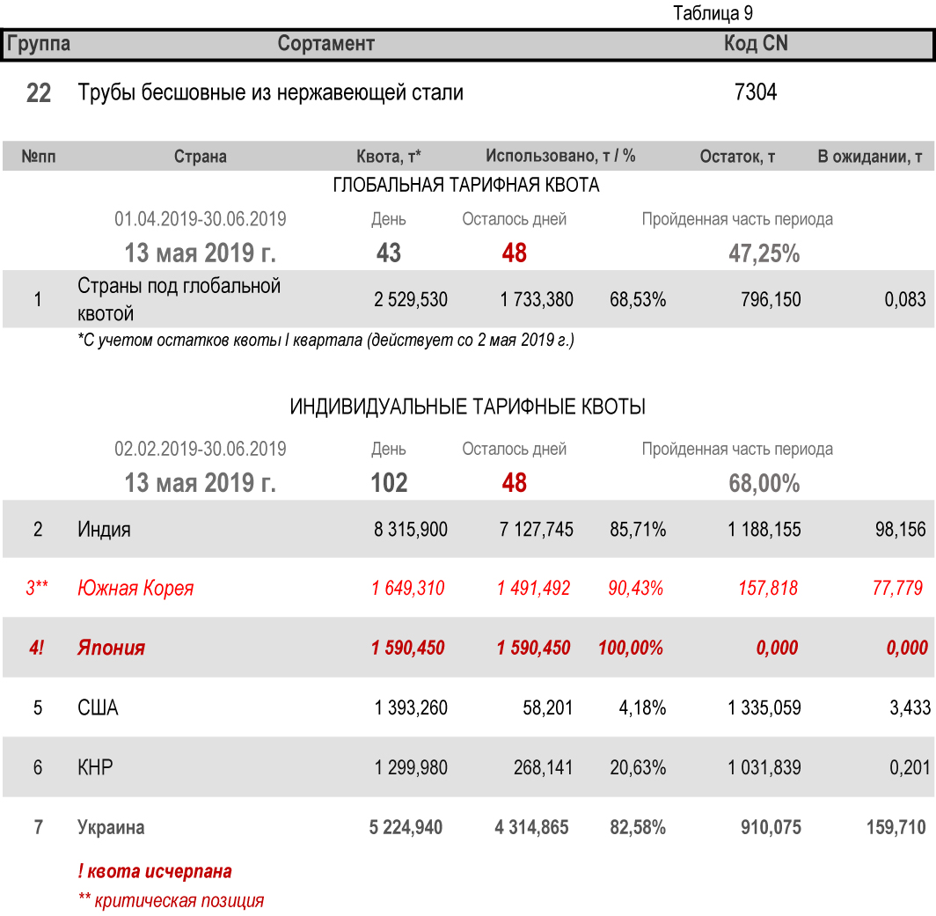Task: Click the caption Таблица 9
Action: pos(713,13)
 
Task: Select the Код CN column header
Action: pos(755,43)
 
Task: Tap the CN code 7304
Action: pos(755,92)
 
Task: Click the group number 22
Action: pos(39,93)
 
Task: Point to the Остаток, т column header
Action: pos(737,157)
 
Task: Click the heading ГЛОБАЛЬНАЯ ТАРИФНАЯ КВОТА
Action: pos(466,186)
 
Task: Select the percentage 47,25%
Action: pos(764,254)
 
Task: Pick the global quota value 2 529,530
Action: pos(411,300)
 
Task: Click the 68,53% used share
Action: pos(637,300)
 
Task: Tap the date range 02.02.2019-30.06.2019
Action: pos(201,449)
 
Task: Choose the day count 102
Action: pos(389,483)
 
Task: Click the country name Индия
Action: pos(104,530)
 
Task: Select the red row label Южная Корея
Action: pos(135,589)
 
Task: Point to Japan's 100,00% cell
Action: pos(631,649)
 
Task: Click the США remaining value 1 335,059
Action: pos(764,708)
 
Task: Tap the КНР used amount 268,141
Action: pos(543,768)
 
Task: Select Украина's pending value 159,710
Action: pos(896,828)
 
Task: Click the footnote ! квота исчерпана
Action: pos(155,872)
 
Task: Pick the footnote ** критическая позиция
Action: pos(171,901)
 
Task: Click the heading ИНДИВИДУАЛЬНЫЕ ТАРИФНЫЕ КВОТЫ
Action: pos(468,407)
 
